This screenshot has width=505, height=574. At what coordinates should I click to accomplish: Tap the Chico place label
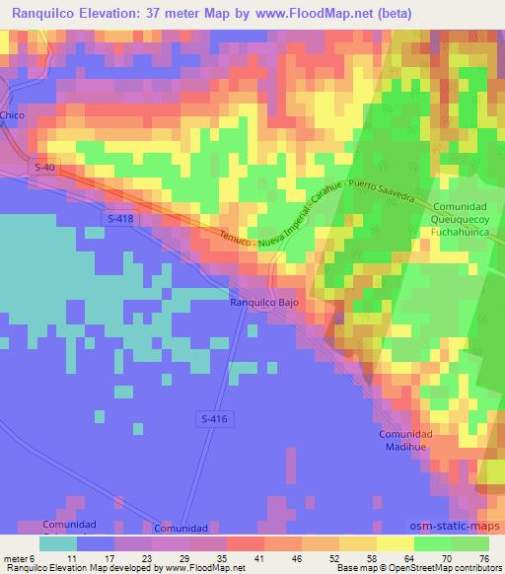[12, 116]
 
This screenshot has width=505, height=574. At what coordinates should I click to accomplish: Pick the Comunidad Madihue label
[406, 440]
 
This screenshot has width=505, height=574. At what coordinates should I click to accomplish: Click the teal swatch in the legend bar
[58, 542]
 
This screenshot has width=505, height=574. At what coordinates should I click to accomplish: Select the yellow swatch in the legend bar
[397, 542]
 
